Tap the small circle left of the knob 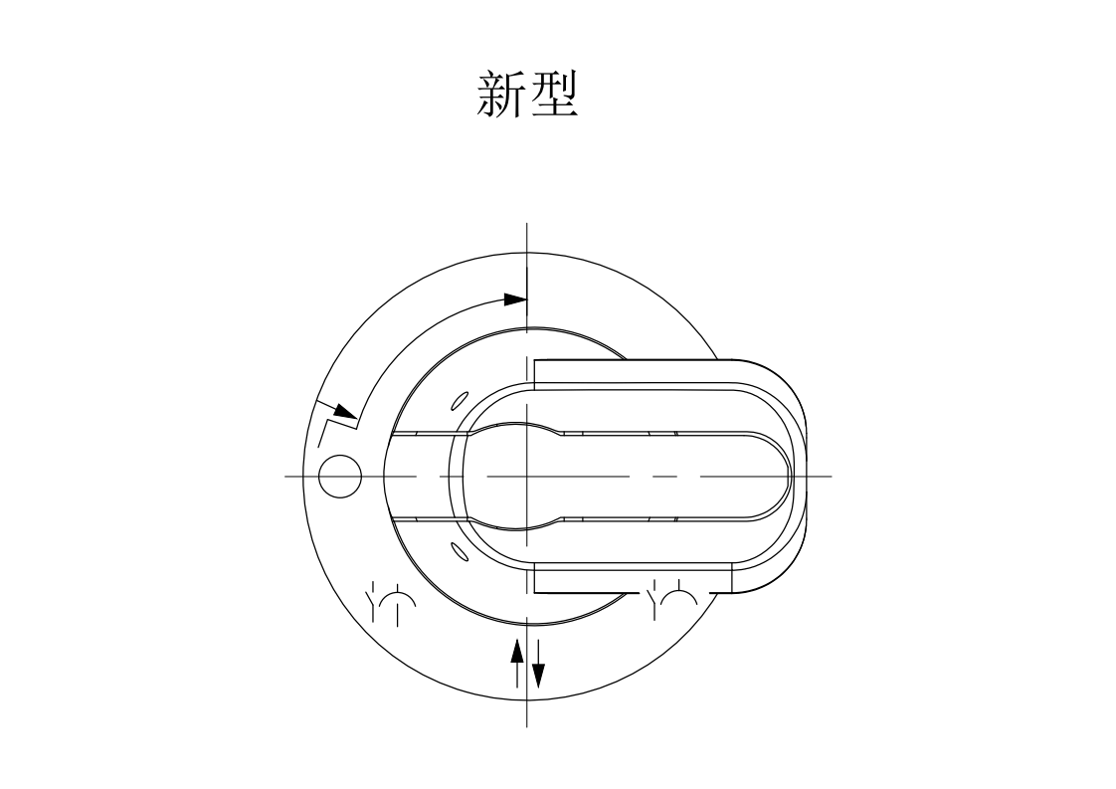click(340, 477)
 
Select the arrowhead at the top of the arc click(514, 298)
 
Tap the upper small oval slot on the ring click(460, 400)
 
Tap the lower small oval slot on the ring click(460, 551)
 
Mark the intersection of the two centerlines click(526, 477)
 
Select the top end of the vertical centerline click(526, 225)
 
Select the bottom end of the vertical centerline click(526, 725)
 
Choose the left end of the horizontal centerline click(286, 477)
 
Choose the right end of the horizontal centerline click(831, 477)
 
